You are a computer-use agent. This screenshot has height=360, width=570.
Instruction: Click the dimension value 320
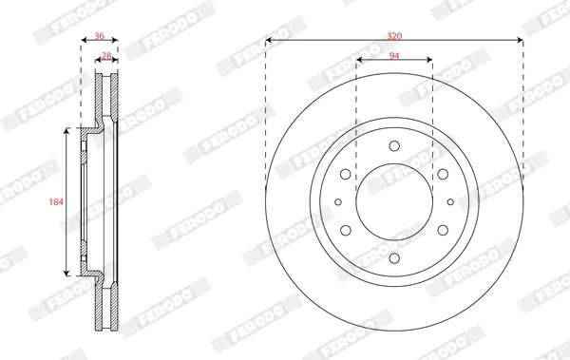(x=394, y=36)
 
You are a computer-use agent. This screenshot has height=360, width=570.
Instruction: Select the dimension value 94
(x=394, y=56)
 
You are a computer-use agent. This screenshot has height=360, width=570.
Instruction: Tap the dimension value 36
(x=99, y=36)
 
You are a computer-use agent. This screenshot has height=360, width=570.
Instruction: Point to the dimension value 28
(x=106, y=56)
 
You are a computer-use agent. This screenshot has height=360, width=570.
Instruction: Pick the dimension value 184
(x=56, y=201)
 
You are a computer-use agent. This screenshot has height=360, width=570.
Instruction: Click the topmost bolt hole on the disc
(x=394, y=146)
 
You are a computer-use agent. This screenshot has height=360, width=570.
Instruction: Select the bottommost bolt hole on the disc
(x=394, y=258)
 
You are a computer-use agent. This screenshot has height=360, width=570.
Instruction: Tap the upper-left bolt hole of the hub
(x=346, y=174)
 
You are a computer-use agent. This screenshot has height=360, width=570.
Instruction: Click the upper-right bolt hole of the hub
(x=443, y=174)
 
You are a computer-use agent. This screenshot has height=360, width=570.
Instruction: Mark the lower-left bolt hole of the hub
(x=346, y=230)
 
